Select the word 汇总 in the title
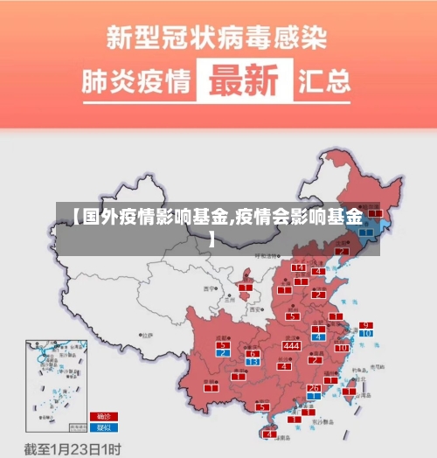coord(325,82)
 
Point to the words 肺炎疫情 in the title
coord(136,82)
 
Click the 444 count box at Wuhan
coord(292,346)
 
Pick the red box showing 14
coord(299,267)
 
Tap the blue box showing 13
coord(253,361)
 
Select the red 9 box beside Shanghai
coord(365,325)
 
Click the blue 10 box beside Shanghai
coord(365,334)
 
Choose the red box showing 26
coord(313,387)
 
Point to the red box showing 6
coord(253,353)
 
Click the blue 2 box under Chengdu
coord(224,353)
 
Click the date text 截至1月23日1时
coord(72,448)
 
